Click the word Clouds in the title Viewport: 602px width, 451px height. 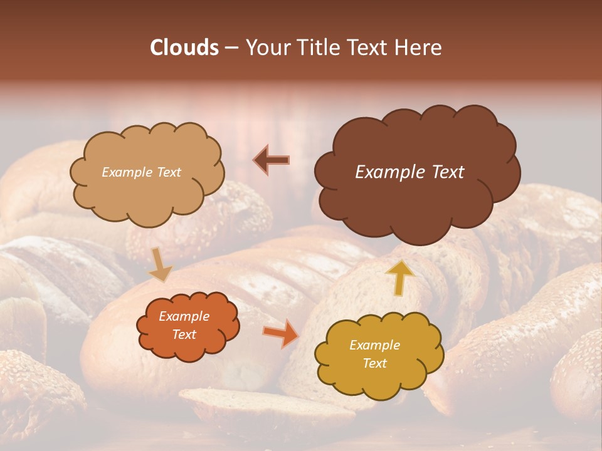point(184,48)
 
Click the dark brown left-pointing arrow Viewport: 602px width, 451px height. point(271,160)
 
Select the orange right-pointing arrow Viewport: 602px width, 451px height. point(280,333)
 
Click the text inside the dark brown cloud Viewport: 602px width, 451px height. point(409,172)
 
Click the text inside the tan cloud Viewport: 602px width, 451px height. point(141,172)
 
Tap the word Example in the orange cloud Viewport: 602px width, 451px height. point(184,316)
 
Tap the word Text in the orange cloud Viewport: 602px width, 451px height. point(184,334)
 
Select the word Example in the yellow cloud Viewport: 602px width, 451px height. point(374,345)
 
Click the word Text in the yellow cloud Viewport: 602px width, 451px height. point(374,363)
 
